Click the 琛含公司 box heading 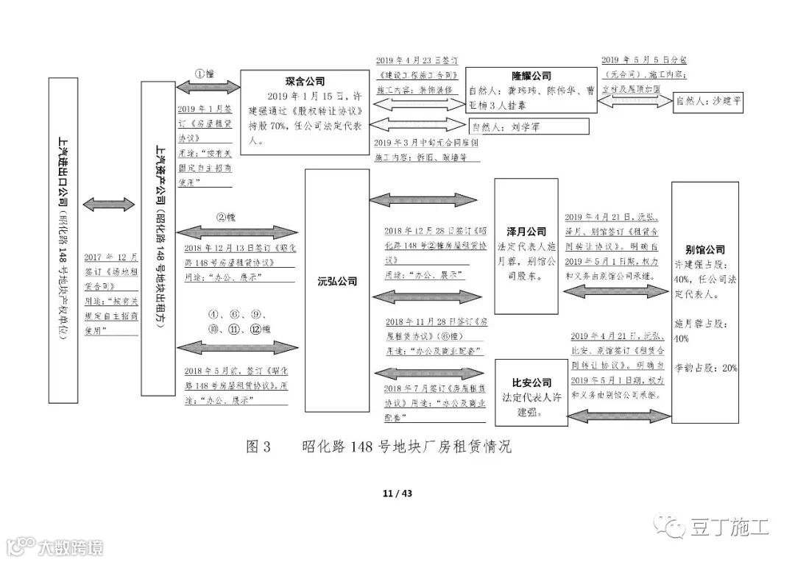305,82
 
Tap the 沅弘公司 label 337,281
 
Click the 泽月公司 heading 526,231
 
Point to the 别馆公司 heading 705,250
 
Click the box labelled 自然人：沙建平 709,104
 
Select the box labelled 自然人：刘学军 515,127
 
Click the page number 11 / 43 397,493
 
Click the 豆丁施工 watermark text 729,527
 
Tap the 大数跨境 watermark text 70,547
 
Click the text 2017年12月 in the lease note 111,257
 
